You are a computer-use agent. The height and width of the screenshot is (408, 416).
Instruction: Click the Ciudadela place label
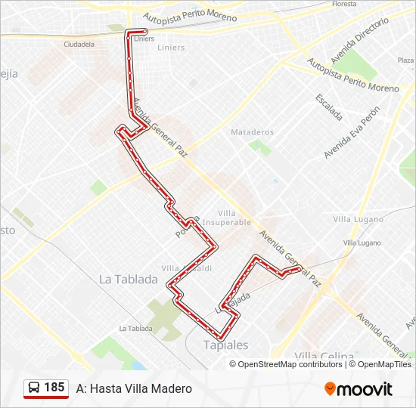pos(79,45)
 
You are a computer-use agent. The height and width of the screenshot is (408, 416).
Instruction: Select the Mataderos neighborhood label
pos(253,132)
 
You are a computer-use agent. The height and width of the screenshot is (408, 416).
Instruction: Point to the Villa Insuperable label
pos(234,218)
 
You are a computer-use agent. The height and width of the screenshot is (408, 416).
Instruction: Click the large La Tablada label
pos(129,279)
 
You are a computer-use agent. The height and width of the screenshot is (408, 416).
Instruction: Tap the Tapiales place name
pos(225,345)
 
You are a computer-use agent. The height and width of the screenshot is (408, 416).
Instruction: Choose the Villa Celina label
pos(324,356)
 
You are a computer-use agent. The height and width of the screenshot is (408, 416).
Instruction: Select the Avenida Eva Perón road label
pos(352,131)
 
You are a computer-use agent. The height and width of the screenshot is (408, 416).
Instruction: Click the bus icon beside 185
pos(34,388)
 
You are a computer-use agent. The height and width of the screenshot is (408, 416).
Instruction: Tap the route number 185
pos(54,388)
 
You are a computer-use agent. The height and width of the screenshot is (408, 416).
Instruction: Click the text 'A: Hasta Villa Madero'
pos(134,388)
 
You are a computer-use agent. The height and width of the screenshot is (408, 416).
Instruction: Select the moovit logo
pos(359,389)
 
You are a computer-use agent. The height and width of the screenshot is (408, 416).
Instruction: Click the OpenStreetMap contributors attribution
pos(290,364)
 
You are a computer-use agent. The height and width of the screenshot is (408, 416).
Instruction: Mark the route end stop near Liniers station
pos(144,32)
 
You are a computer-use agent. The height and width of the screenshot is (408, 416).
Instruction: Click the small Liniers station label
pos(142,39)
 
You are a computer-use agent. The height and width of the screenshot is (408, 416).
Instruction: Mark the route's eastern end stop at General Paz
pos(300,268)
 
